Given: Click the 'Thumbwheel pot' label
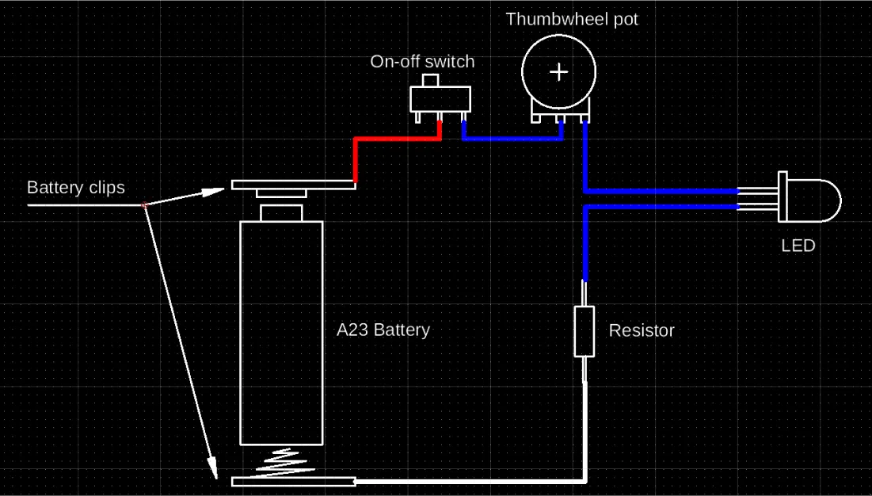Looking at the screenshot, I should click(571, 19).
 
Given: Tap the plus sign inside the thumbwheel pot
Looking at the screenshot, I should click(559, 71).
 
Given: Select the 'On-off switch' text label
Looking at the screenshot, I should click(422, 62).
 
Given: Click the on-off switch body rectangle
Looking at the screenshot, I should click(440, 99).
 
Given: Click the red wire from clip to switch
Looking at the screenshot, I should click(396, 139).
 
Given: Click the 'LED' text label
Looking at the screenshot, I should click(798, 246).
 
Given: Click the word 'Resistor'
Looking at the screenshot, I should click(642, 330).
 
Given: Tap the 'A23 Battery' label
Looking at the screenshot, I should click(383, 330).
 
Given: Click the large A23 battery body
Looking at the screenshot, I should click(281, 333).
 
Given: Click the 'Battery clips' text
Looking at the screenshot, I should click(76, 188).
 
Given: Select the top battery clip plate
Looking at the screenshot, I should click(293, 185).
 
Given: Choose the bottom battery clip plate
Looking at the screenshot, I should click(293, 482).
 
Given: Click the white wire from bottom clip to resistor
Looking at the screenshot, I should click(475, 481).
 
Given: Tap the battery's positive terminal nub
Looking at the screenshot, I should click(281, 212).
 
